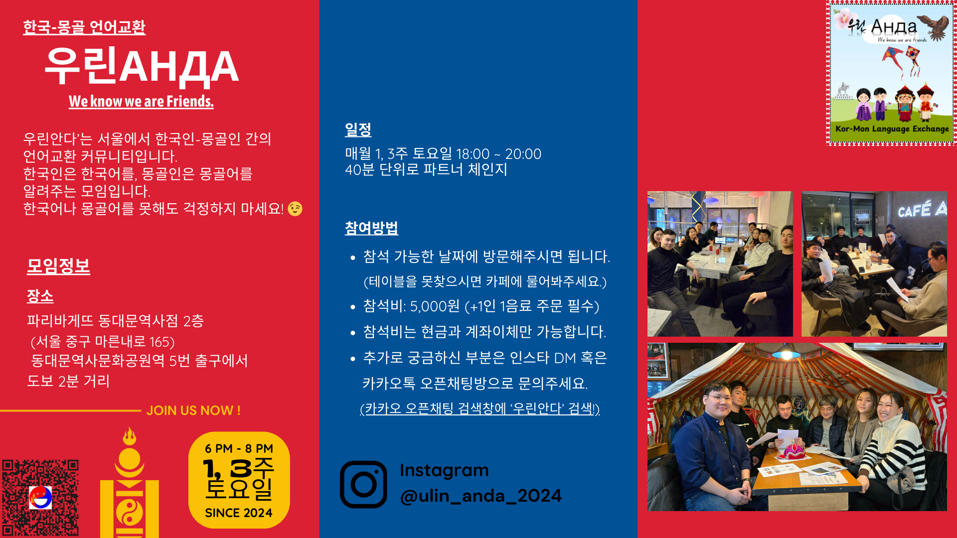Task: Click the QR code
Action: pyautogui.click(x=40, y=498)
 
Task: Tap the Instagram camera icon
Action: pyautogui.click(x=363, y=484)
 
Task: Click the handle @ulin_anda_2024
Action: pyautogui.click(x=480, y=496)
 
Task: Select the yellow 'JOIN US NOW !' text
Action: pyautogui.click(x=193, y=410)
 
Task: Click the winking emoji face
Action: pyautogui.click(x=295, y=209)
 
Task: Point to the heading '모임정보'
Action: pyautogui.click(x=58, y=266)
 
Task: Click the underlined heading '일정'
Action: pyautogui.click(x=358, y=130)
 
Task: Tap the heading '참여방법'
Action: pyautogui.click(x=371, y=228)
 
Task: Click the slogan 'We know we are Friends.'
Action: pyautogui.click(x=141, y=101)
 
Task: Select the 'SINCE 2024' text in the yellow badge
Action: pyautogui.click(x=239, y=513)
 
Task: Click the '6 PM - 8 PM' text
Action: pyautogui.click(x=239, y=448)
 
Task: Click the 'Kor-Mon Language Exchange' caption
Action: pyautogui.click(x=892, y=129)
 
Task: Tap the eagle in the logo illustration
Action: pyautogui.click(x=934, y=27)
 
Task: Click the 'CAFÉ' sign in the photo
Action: pyautogui.click(x=915, y=210)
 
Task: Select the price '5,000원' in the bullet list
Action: pyautogui.click(x=435, y=306)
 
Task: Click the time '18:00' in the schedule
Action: pyautogui.click(x=473, y=154)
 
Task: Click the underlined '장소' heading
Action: pyautogui.click(x=40, y=296)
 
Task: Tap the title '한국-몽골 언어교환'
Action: pyautogui.click(x=84, y=27)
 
